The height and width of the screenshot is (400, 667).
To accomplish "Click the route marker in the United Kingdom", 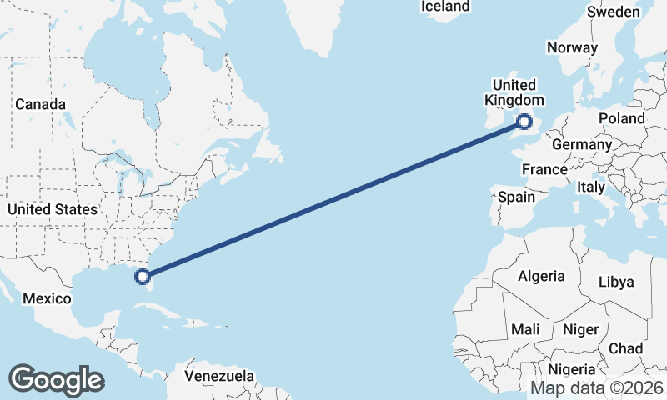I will (x=524, y=122).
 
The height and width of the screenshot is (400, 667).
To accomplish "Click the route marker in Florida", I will (x=143, y=276).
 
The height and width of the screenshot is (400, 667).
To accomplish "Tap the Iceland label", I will (x=445, y=7).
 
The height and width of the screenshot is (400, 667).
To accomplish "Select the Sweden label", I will (x=613, y=12).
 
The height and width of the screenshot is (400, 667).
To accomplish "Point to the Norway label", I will (x=573, y=47).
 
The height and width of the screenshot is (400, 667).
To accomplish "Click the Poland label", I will (x=621, y=118).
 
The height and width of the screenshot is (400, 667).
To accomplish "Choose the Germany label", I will (x=582, y=144).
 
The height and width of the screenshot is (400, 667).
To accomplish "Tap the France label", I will (x=544, y=169).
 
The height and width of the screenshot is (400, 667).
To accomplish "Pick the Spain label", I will (x=516, y=197).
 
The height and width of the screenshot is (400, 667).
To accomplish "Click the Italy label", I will (x=591, y=187).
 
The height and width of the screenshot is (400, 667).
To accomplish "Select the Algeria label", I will (x=541, y=276).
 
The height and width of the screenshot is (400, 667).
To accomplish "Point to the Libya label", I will (x=616, y=282).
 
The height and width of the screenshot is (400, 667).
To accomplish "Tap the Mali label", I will (x=525, y=328).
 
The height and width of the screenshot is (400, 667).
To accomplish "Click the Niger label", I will (x=580, y=329).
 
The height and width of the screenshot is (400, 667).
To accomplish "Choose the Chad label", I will (x=625, y=347).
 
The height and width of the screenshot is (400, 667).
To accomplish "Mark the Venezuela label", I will (x=219, y=376).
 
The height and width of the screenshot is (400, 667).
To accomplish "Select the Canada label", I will (x=40, y=104).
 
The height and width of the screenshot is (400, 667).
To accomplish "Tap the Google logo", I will (x=56, y=380).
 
